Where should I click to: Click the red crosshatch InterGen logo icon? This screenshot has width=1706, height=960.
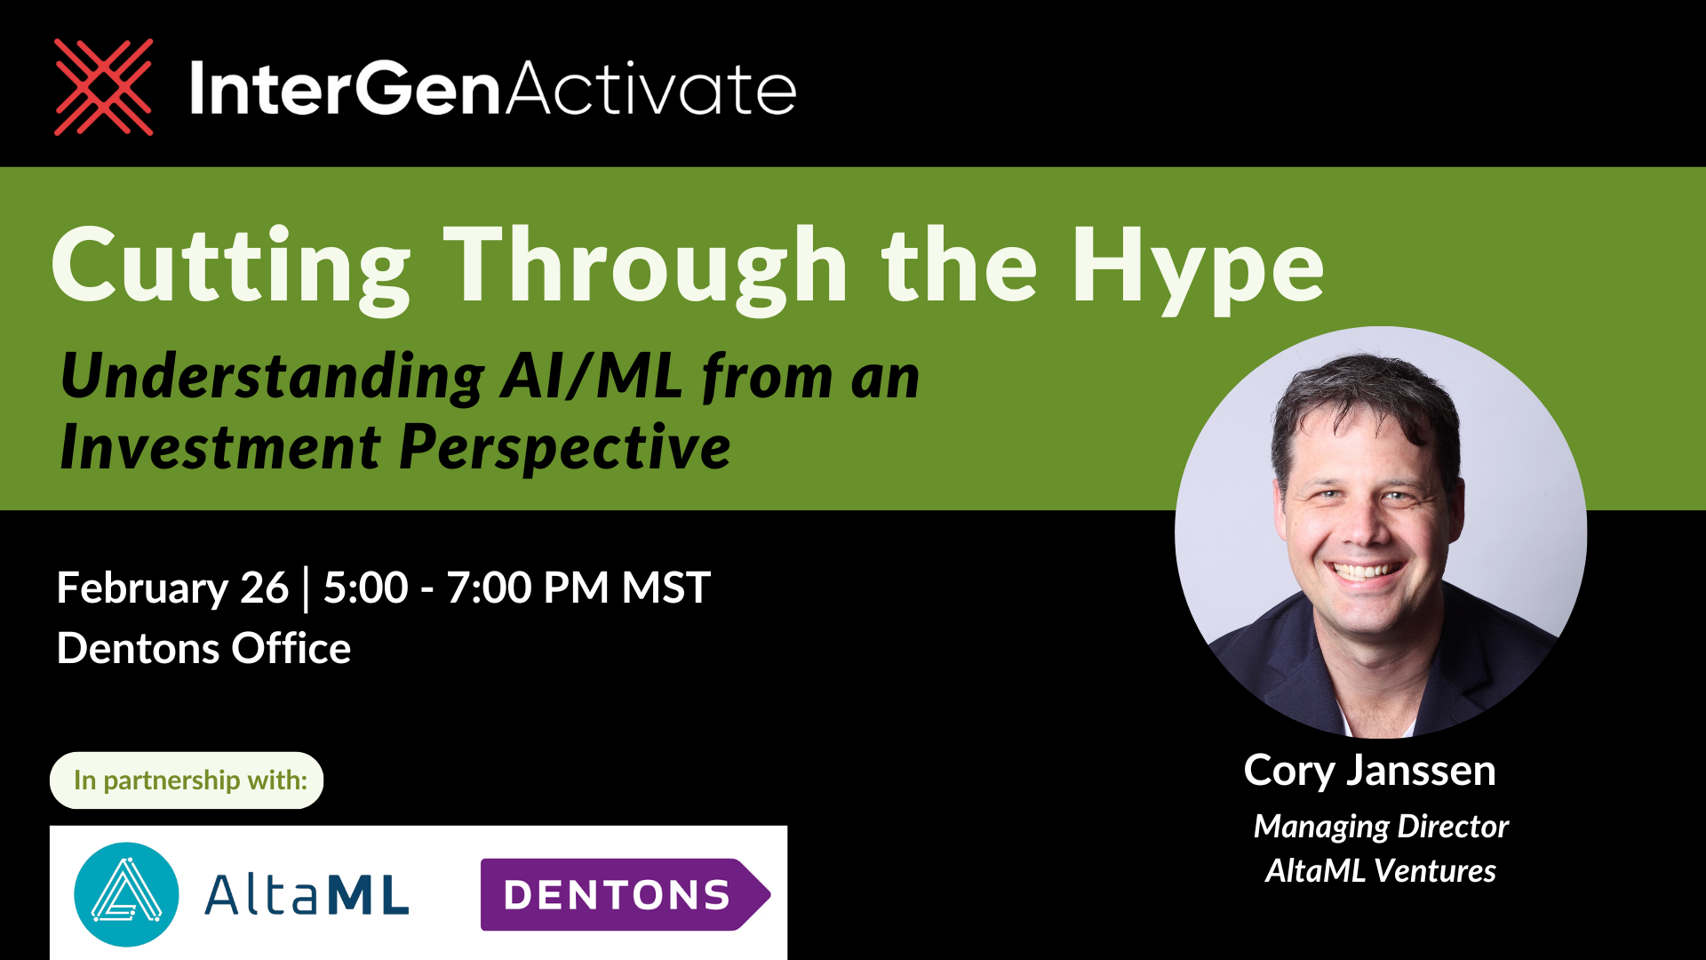click(103, 87)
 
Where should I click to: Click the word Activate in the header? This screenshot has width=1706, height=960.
click(651, 89)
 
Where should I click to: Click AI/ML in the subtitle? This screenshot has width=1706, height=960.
click(591, 377)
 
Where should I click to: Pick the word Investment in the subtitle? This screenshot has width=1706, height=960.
click(220, 447)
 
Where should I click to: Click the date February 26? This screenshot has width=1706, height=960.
click(172, 588)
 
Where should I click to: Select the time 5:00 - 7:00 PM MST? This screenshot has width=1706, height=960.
click(516, 588)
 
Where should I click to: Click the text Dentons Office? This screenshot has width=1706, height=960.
click(203, 649)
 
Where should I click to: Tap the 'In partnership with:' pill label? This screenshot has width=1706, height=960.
click(187, 780)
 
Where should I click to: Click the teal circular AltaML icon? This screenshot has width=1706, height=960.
click(126, 894)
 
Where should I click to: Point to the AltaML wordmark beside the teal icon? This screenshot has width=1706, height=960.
click(307, 894)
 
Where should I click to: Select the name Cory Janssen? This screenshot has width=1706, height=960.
click(1369, 771)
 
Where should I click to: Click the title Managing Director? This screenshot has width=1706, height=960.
click(1381, 827)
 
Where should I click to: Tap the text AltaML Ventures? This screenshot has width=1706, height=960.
click(1381, 871)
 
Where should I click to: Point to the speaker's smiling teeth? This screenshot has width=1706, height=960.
click(1364, 572)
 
